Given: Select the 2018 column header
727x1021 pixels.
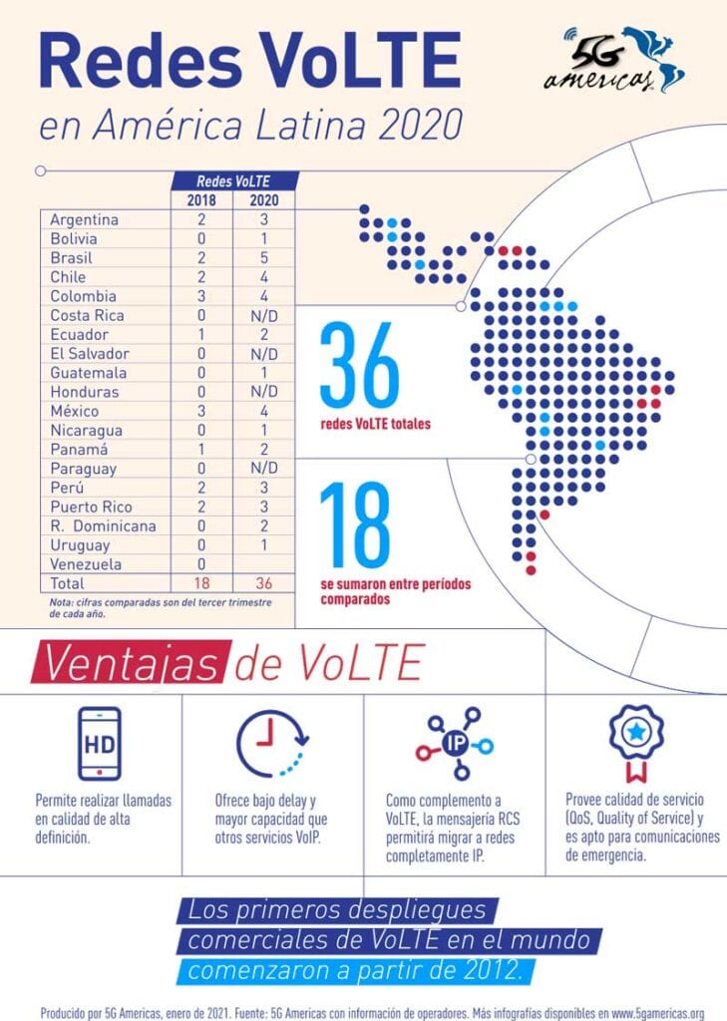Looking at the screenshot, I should pos(201,200).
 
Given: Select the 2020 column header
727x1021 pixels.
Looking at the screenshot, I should pos(263,200).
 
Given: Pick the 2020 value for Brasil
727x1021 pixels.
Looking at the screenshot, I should pos(263,257).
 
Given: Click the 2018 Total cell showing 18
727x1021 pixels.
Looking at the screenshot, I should pos(201,583).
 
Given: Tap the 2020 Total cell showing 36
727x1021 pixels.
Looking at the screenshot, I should pos(263,583).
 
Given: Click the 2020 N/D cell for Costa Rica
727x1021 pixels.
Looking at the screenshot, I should pos(263,315).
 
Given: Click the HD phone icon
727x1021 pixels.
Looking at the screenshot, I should pos(98,744).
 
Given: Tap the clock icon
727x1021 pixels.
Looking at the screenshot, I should pos(271,744).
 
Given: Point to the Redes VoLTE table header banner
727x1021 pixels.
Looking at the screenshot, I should pos(232,180).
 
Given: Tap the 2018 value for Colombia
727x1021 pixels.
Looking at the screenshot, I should pos(201,296).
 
